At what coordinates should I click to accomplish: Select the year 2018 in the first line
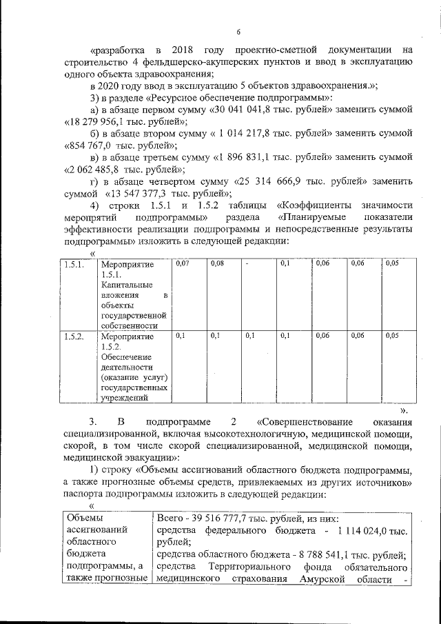click(198, 50)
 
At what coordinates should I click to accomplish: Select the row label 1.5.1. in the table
click(73, 264)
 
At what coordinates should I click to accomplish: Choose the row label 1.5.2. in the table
click(73, 336)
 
